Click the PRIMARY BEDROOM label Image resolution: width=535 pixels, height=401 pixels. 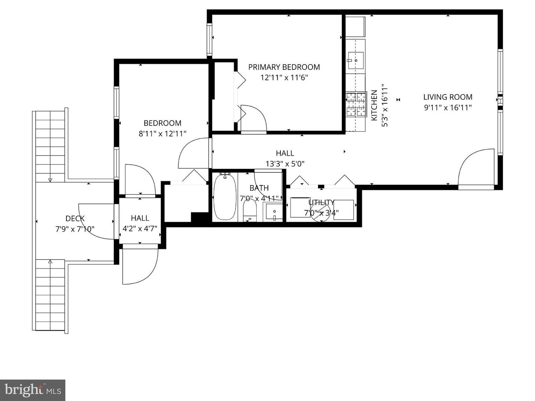pyautogui.click(x=284, y=67)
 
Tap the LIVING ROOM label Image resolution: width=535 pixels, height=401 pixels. pyautogui.click(x=448, y=97)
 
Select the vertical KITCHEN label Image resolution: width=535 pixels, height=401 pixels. pyautogui.click(x=374, y=105)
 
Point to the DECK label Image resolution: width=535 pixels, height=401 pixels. pyautogui.click(x=75, y=218)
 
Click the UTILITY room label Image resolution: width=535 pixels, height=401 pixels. pyautogui.click(x=321, y=203)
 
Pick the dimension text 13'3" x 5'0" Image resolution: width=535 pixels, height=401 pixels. pyautogui.click(x=285, y=164)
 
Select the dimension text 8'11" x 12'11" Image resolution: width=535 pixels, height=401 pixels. pyautogui.click(x=162, y=134)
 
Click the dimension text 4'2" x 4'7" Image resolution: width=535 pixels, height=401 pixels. pyautogui.click(x=140, y=229)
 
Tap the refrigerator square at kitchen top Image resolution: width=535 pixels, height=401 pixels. pyautogui.click(x=356, y=26)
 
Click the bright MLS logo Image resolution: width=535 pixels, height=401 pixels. pyautogui.click(x=33, y=390)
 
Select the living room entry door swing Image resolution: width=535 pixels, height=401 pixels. pyautogui.click(x=477, y=169)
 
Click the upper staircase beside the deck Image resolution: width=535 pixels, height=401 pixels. pyautogui.click(x=50, y=145)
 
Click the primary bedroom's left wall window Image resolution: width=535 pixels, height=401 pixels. pyautogui.click(x=210, y=39)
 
